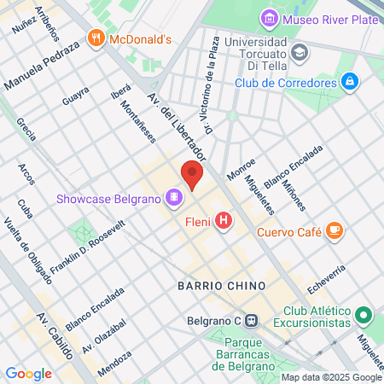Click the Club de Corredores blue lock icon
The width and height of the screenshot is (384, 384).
click(x=347, y=82)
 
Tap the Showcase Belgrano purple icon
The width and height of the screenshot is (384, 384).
click(x=174, y=199)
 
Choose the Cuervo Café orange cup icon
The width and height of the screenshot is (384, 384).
click(x=335, y=230)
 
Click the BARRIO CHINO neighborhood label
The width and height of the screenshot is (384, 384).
click(x=221, y=284)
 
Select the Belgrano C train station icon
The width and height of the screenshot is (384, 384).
click(x=252, y=322)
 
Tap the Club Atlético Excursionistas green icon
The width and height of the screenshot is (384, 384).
click(x=364, y=317)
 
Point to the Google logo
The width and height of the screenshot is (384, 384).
click(x=28, y=373)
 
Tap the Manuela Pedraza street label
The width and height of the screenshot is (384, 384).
click(x=42, y=67)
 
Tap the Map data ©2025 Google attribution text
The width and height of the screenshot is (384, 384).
click(x=332, y=377)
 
